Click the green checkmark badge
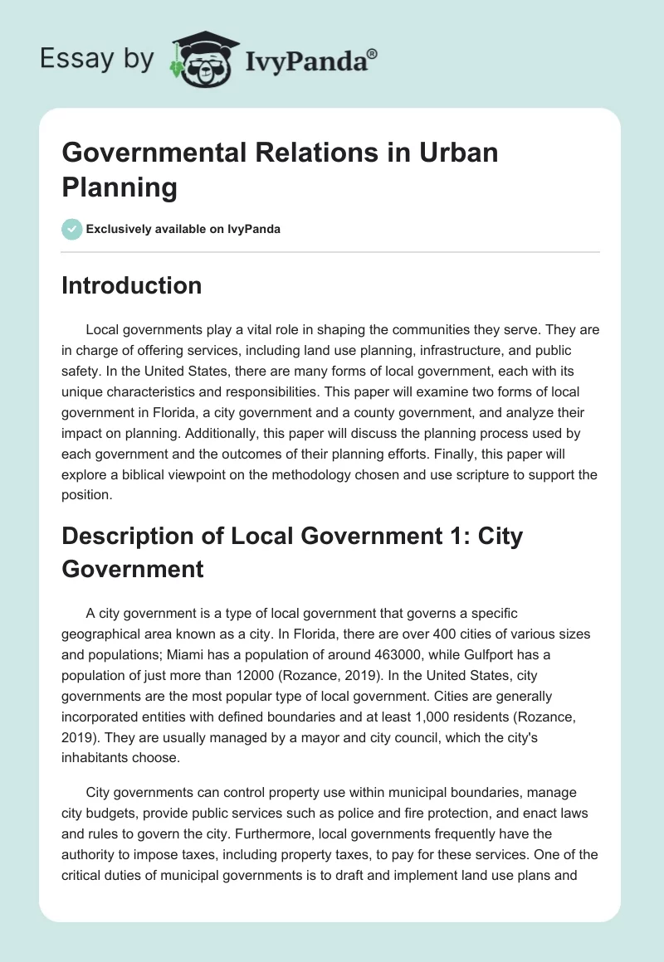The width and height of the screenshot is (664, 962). pos(72,229)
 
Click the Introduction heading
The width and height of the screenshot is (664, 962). pos(132,285)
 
